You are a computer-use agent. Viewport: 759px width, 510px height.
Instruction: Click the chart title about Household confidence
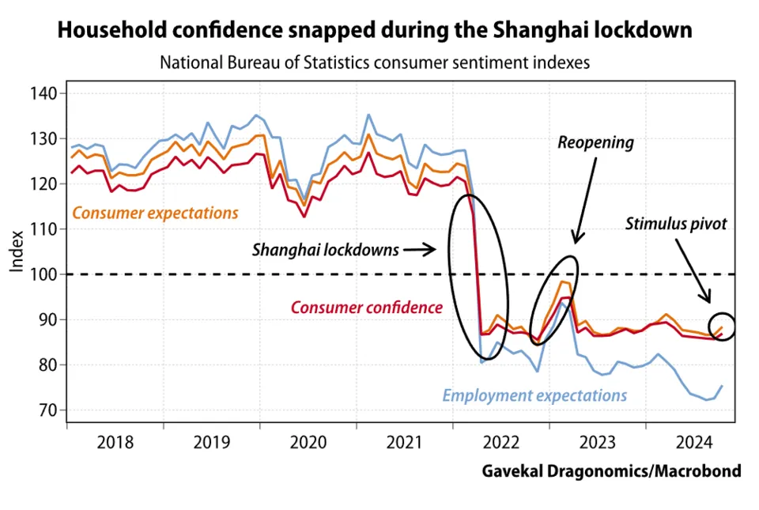(375, 31)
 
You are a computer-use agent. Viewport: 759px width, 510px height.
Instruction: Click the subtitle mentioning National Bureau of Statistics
(375, 62)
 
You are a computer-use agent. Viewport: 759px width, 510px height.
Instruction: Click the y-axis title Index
(17, 252)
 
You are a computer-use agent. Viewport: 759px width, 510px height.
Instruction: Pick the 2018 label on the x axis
(115, 441)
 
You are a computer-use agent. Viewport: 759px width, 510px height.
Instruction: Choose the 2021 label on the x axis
(404, 441)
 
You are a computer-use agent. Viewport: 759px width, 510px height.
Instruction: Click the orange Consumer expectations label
(155, 213)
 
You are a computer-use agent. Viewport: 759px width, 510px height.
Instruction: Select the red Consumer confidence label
(367, 308)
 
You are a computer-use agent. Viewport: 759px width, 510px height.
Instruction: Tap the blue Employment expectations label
(534, 395)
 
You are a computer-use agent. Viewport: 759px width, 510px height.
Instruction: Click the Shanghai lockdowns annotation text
(326, 250)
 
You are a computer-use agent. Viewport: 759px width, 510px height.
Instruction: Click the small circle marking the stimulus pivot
(723, 326)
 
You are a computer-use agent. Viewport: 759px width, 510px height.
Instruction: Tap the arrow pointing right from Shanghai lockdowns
(420, 250)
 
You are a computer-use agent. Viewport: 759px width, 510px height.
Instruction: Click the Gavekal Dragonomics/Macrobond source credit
(611, 471)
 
